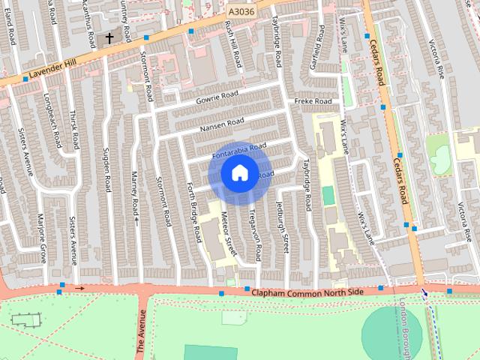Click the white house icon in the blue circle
click(x=239, y=173)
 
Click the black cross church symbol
click(x=109, y=37)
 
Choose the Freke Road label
click(x=313, y=101)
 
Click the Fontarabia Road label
click(x=239, y=150)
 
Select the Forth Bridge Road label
click(x=194, y=211)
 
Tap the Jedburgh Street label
click(x=283, y=227)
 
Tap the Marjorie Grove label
click(x=43, y=238)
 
